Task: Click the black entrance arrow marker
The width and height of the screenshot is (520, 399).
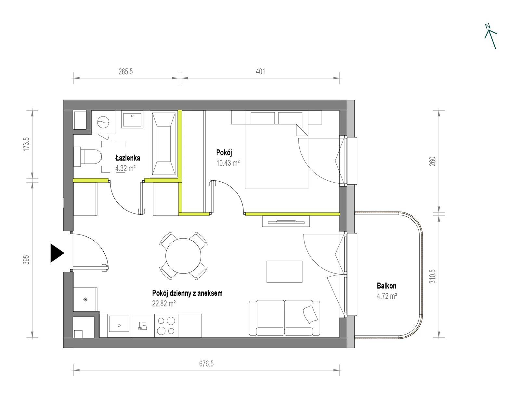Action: (x=57, y=253)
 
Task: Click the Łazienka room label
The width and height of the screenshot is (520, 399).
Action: (x=127, y=158)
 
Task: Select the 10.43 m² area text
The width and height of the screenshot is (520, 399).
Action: (x=228, y=163)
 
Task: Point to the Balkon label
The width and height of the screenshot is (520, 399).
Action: (x=386, y=285)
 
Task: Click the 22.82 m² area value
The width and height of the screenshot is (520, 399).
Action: (x=164, y=304)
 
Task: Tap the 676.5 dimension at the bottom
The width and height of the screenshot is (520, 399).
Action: (x=206, y=364)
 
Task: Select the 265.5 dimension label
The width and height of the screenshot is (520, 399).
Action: (x=125, y=71)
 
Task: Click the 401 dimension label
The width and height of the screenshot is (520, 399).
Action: (x=260, y=71)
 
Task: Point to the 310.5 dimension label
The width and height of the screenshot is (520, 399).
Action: (x=433, y=276)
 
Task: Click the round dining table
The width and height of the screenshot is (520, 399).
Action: (x=183, y=256)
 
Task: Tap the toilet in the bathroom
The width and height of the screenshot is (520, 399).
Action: (x=87, y=156)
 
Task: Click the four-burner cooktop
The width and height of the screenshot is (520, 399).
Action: (x=166, y=325)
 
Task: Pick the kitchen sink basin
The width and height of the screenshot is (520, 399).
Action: (x=119, y=323)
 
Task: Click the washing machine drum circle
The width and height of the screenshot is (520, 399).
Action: (x=103, y=123)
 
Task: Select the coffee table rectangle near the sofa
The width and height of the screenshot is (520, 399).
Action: (x=284, y=272)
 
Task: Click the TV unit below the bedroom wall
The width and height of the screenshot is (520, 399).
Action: (x=286, y=221)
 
